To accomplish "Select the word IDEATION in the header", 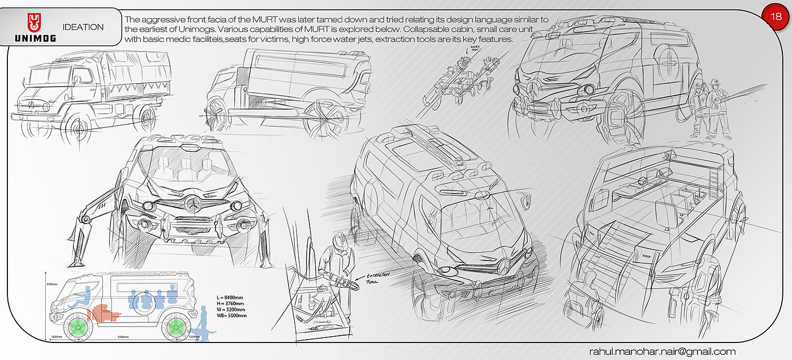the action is [x=83, y=27].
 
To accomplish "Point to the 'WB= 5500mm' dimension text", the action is [x=232, y=315].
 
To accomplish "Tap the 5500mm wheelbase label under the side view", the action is [x=122, y=337].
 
